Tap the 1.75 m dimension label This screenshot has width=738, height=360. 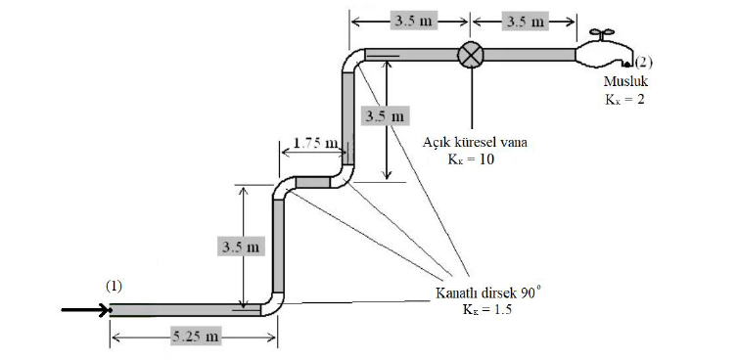tap(315, 144)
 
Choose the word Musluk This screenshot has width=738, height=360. tap(624, 82)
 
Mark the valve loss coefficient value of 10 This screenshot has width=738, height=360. tap(475, 158)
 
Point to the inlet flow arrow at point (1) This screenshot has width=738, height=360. tap(86, 311)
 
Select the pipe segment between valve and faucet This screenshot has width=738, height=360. tap(530, 54)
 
